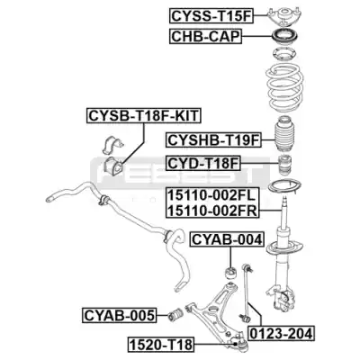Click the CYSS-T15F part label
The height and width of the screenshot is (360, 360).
(x=211, y=16)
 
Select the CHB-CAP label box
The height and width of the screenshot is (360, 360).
(x=206, y=37)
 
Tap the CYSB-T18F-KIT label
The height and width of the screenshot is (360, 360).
(x=144, y=115)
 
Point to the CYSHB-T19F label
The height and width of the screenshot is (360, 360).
(x=213, y=139)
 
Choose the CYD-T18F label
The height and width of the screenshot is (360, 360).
(x=203, y=163)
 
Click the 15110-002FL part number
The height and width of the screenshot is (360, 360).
(x=211, y=196)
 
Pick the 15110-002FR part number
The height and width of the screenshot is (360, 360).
(x=212, y=211)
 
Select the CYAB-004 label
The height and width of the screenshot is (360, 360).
(x=227, y=239)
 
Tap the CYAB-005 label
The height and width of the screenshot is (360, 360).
(x=120, y=315)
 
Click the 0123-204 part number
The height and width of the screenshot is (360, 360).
(x=281, y=333)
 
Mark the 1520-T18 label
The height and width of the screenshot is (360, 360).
(x=161, y=345)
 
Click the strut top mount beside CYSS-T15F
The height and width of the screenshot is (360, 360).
(x=283, y=16)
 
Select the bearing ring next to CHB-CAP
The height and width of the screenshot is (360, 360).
(x=284, y=37)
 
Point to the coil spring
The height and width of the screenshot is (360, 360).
(x=285, y=89)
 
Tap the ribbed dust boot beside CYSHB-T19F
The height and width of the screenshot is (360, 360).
(x=284, y=134)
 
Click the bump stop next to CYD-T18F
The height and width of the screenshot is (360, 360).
(x=284, y=166)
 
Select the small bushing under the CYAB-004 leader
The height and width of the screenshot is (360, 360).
(x=231, y=273)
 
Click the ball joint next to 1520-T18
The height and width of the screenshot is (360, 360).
(x=240, y=344)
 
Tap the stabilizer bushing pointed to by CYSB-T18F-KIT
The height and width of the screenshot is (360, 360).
(x=112, y=166)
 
